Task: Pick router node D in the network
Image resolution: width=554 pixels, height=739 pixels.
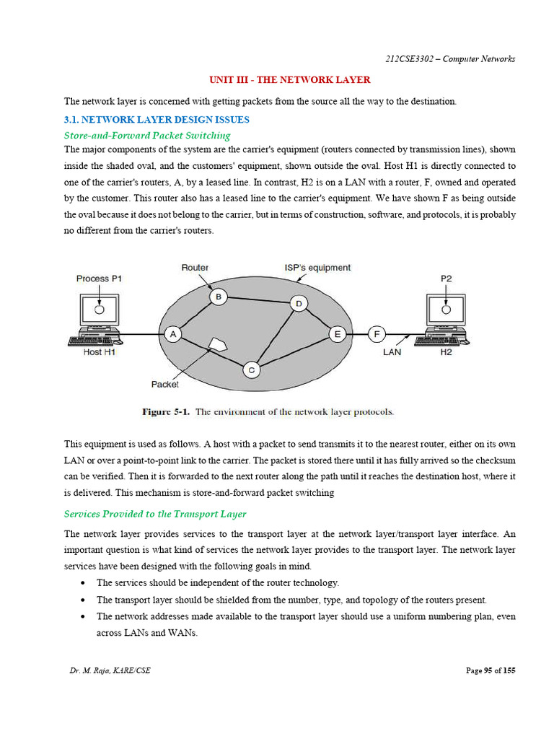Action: coord(298,304)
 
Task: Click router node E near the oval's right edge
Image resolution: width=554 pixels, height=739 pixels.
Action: coord(337,334)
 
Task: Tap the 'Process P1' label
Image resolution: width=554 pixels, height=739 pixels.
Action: coord(99,279)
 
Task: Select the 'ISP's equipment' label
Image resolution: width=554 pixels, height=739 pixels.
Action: coord(317,267)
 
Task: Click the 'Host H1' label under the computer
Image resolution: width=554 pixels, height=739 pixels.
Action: coord(99,352)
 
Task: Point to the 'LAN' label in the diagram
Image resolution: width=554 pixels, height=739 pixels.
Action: coord(392,352)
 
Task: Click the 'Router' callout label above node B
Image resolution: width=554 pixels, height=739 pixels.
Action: coord(195,267)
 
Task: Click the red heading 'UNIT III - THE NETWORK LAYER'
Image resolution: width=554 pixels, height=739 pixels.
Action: coord(289,80)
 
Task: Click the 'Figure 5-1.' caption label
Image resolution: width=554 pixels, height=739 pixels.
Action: coord(166,412)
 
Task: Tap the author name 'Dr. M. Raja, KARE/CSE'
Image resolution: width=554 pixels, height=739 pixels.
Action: coord(110,670)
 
